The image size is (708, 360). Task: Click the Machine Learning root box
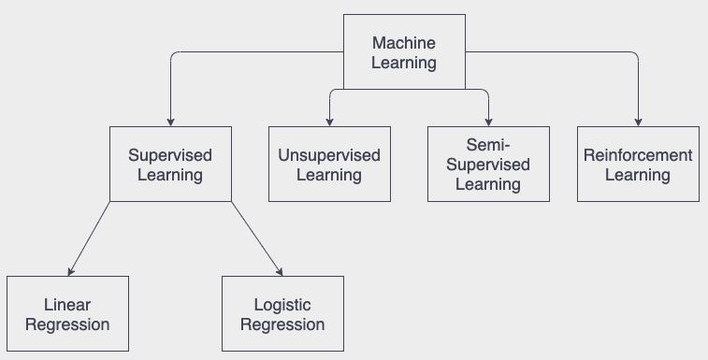coord(403,52)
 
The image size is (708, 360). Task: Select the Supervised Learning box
coord(169,164)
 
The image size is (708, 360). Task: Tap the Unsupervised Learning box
coord(329,164)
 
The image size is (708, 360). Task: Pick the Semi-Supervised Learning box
coord(487,164)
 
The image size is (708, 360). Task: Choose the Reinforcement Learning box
coord(638,164)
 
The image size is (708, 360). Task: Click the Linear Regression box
coord(67,314)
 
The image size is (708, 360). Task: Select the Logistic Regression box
coord(282,314)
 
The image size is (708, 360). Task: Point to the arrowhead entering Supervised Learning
coord(170,122)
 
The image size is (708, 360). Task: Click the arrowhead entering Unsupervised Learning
coord(329,122)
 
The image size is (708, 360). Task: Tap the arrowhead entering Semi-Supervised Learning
coord(488,122)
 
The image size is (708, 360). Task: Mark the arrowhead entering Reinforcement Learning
coord(638,122)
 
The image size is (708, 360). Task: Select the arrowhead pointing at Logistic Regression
coord(279,271)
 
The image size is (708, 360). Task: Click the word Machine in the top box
coord(403,43)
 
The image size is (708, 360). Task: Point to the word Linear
coord(67,305)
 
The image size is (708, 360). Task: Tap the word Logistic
coord(282,305)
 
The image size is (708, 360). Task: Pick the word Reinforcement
coord(638,155)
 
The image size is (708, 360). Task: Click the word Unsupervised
coord(329,155)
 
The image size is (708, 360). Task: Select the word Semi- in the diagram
coord(487,145)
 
